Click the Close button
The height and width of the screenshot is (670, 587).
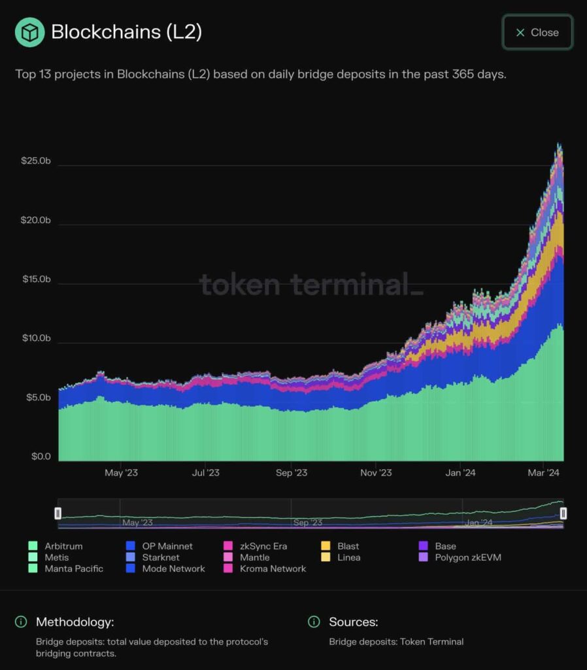click(537, 32)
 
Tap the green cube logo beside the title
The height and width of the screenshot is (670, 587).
click(29, 32)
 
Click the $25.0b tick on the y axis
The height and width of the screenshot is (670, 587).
click(36, 161)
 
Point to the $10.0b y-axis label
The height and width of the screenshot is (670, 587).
click(36, 338)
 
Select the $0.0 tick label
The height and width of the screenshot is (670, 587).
click(41, 456)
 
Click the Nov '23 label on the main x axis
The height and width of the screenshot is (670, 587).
click(377, 473)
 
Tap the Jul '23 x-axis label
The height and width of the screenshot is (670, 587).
click(205, 473)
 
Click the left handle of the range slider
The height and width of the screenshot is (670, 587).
click(58, 514)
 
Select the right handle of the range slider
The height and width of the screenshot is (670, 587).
click(563, 514)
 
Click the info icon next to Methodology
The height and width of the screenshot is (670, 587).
click(21, 622)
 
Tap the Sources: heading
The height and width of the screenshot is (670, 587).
click(353, 622)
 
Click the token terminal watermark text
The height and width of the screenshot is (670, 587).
click(311, 285)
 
